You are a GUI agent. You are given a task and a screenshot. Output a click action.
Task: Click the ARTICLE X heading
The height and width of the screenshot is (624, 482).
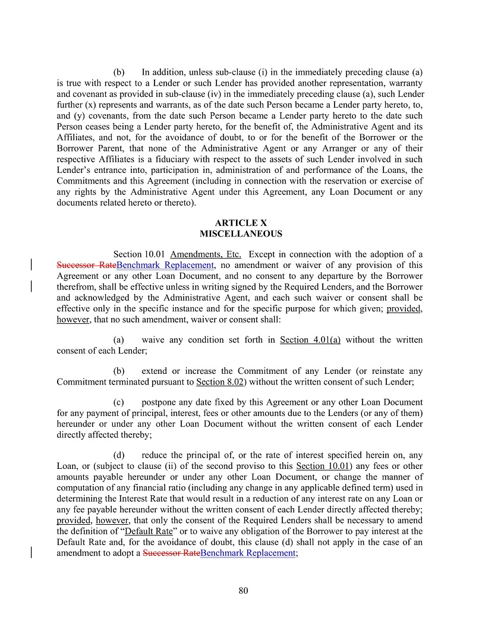pyautogui.click(x=241, y=223)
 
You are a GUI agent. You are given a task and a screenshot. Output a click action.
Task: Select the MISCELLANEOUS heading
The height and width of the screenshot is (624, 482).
pyautogui.click(x=241, y=234)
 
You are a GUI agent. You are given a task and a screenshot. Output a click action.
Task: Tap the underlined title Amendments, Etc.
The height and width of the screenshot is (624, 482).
pyautogui.click(x=205, y=255)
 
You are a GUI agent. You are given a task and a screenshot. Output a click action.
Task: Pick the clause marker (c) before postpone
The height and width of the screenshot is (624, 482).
pyautogui.click(x=119, y=402)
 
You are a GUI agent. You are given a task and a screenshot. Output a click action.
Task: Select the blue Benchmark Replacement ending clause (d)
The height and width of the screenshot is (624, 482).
pyautogui.click(x=248, y=553)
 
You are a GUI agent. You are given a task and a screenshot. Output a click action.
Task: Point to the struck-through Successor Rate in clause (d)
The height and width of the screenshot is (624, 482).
pyautogui.click(x=172, y=553)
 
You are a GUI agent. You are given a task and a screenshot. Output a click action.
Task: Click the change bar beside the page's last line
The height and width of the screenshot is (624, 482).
pyautogui.click(x=31, y=553)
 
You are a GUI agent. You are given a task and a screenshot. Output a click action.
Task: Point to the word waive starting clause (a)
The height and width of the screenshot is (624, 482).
pyautogui.click(x=152, y=340)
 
